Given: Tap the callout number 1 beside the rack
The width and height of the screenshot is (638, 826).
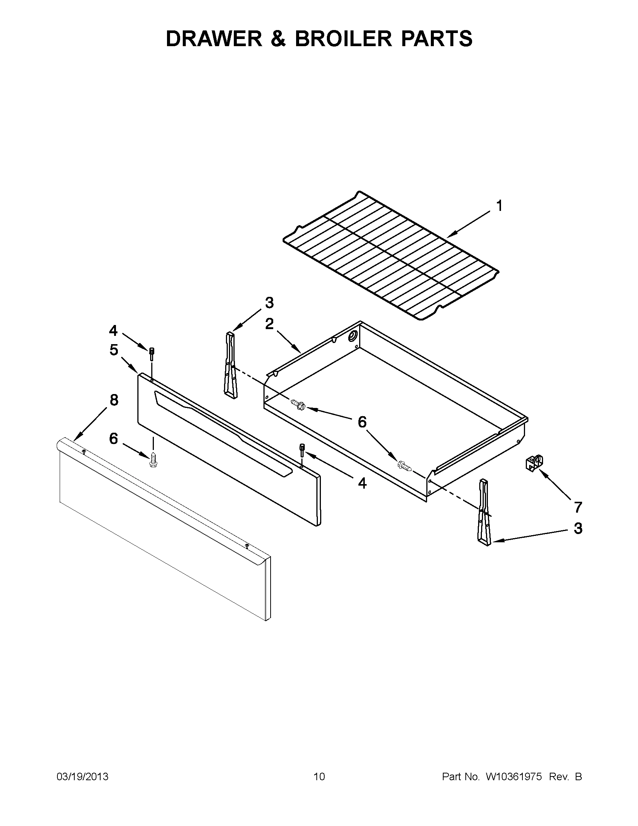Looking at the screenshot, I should point(499,206).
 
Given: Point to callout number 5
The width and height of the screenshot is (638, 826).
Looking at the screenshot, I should point(114,350).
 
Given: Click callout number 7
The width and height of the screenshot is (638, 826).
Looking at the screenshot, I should point(578,507).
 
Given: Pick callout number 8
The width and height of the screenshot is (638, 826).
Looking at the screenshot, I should point(114,400).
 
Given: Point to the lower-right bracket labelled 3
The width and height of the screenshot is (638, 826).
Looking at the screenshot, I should point(485,512).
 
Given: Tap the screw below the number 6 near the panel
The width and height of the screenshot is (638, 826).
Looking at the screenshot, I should point(153,459).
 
